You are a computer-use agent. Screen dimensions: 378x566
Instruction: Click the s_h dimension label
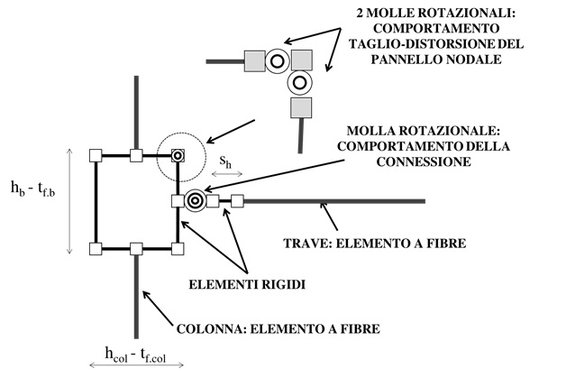point(228,163)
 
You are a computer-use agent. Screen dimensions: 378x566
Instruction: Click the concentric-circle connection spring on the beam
point(195,200)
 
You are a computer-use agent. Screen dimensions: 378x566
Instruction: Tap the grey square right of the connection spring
point(214,201)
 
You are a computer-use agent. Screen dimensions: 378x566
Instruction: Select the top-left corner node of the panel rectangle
point(96,155)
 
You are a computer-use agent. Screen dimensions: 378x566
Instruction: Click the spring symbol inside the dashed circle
point(178,155)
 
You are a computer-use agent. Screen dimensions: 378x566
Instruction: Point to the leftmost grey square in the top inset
point(254,61)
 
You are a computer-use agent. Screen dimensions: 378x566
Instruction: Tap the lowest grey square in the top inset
point(298,108)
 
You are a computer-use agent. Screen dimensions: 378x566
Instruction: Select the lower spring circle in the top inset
point(298,83)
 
